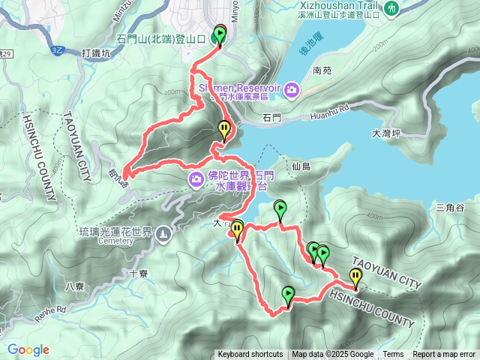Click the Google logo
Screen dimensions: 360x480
tap(28, 349)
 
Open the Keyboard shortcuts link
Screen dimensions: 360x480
tap(250, 355)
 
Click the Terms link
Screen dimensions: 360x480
tap(393, 355)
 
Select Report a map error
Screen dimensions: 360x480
tap(444, 355)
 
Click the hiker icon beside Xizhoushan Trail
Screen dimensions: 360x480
tap(391, 7)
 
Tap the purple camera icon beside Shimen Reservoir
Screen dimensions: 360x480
tap(291, 91)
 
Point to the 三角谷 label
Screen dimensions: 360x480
tap(451, 207)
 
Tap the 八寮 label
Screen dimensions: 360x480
tap(75, 286)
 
